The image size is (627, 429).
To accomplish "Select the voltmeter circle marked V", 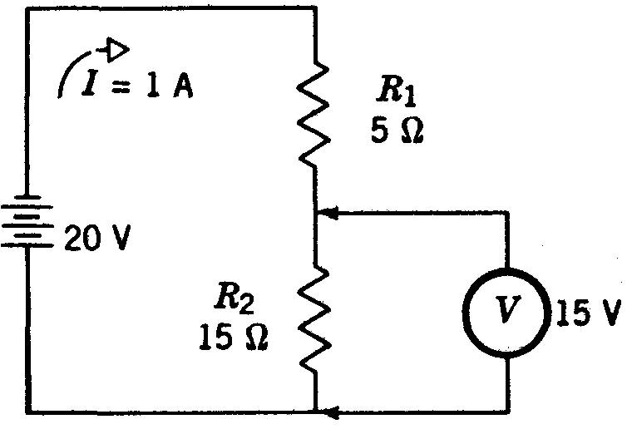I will click(506, 310).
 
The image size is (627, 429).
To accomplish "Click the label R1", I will click(396, 92).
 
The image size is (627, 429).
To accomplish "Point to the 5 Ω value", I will click(397, 131).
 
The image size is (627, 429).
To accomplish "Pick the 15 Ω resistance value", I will click(234, 336).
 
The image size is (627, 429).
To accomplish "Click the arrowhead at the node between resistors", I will click(328, 214).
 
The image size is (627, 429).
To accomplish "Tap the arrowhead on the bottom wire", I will click(328, 410).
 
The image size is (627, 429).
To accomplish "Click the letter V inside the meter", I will click(506, 310).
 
